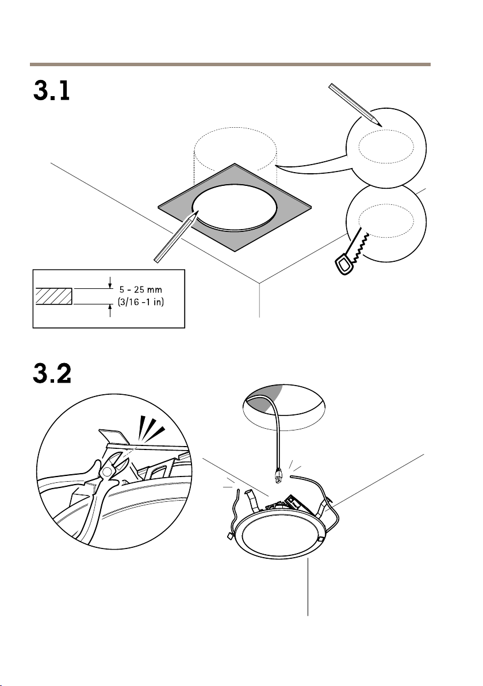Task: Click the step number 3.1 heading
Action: [52, 91]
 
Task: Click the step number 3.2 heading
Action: [52, 373]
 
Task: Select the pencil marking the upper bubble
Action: [355, 105]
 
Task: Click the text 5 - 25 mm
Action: [141, 289]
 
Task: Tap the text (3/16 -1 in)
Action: [141, 302]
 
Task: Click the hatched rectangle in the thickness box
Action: [53, 296]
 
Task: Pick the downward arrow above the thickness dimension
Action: [110, 283]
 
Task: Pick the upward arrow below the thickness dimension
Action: [110, 311]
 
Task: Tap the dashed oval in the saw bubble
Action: [386, 220]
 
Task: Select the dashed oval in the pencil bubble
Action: [386, 146]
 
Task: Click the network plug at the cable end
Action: [278, 475]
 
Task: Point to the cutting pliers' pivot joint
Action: [106, 472]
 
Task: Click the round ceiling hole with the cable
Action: [283, 407]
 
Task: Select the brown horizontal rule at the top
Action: [230, 64]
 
